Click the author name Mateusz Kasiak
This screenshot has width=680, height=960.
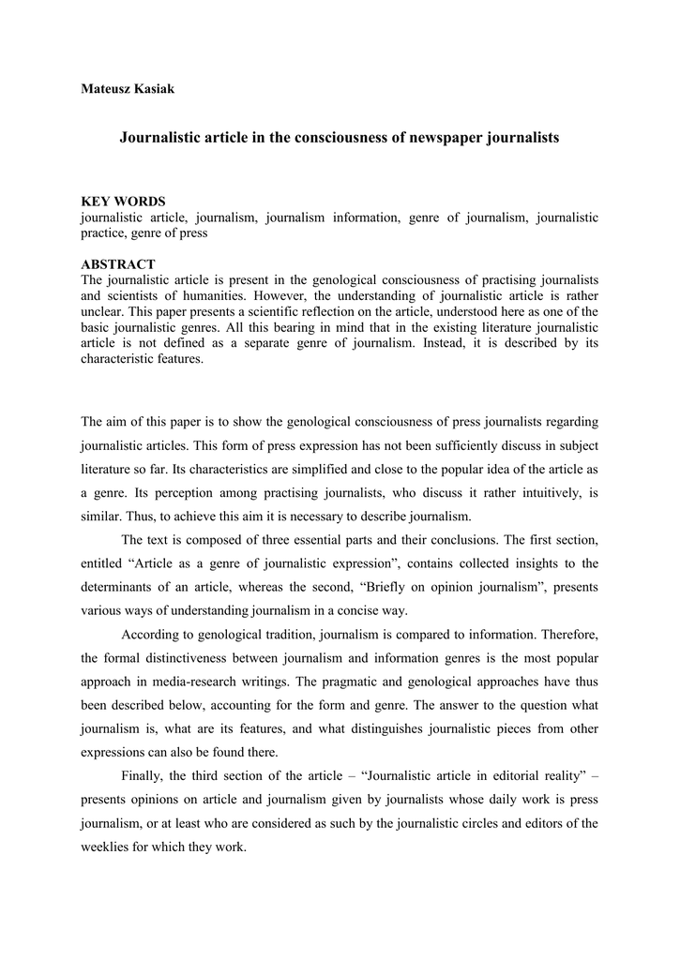click(x=128, y=89)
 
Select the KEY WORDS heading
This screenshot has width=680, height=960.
click(x=123, y=202)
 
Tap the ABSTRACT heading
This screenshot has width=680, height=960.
click(x=118, y=265)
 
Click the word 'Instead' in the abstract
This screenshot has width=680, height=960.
click(x=461, y=344)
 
